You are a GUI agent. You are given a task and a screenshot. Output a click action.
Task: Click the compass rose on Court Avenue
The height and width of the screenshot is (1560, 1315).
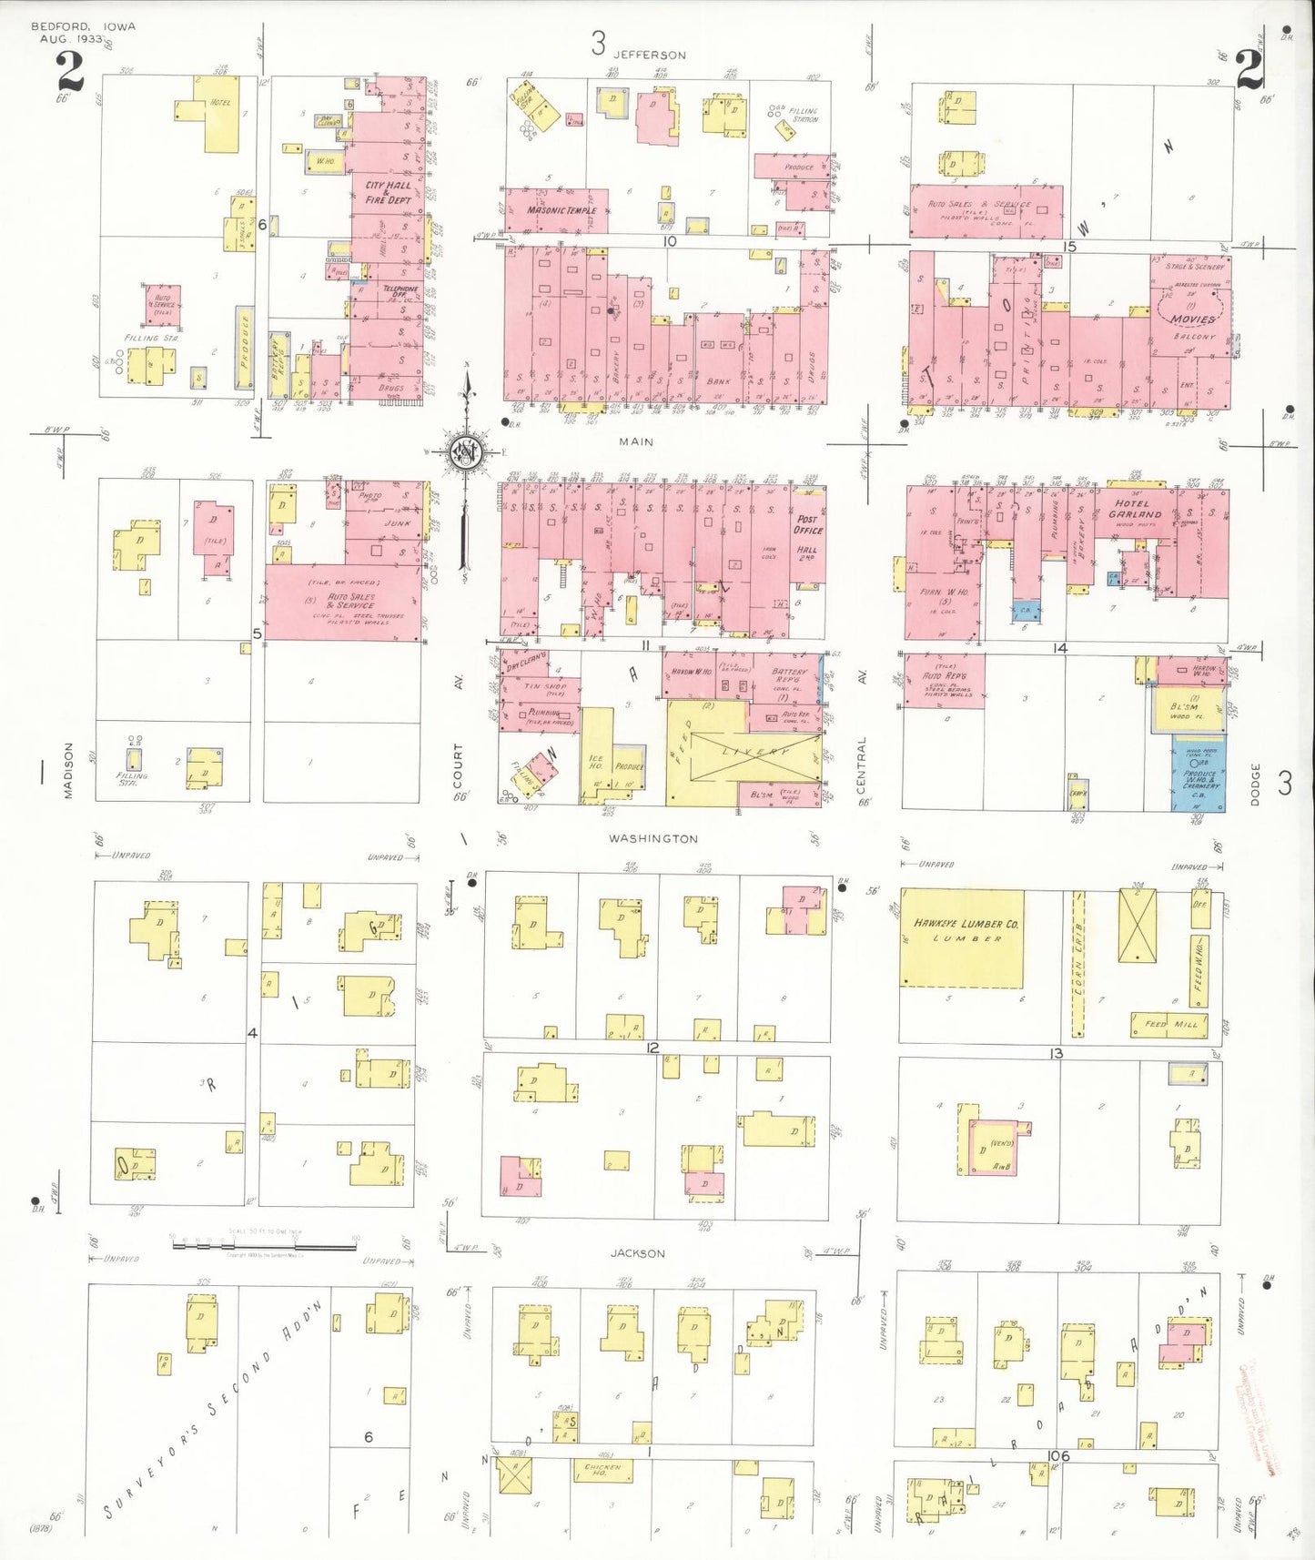point(465,451)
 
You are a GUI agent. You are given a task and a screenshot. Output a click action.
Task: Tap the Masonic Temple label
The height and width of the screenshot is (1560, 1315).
point(561,210)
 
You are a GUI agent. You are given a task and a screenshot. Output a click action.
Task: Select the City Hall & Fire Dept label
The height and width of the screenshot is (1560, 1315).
point(389,192)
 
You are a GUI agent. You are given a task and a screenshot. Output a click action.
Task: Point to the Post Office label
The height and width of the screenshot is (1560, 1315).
point(808,525)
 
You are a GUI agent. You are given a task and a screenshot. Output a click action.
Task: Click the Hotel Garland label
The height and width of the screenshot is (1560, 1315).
point(1135,509)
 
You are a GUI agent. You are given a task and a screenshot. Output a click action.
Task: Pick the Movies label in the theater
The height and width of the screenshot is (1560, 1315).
point(1193,319)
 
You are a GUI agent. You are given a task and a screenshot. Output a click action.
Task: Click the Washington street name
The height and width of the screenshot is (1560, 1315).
point(653,838)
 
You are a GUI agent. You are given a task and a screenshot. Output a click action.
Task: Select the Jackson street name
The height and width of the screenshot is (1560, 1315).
point(637,1253)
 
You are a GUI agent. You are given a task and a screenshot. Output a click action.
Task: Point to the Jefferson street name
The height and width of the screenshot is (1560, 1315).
point(650,55)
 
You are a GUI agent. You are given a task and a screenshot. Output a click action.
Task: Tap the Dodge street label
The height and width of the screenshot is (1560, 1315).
point(1255,784)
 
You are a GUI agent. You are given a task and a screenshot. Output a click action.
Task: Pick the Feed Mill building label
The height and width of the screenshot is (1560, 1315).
point(1170,1024)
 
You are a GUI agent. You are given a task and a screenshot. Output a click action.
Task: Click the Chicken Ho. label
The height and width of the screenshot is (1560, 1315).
point(602,1470)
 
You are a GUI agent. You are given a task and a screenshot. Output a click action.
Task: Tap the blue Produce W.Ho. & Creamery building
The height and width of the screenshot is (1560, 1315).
point(1199,773)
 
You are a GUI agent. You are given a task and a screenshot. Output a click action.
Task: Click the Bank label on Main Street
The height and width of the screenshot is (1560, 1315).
point(718,381)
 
